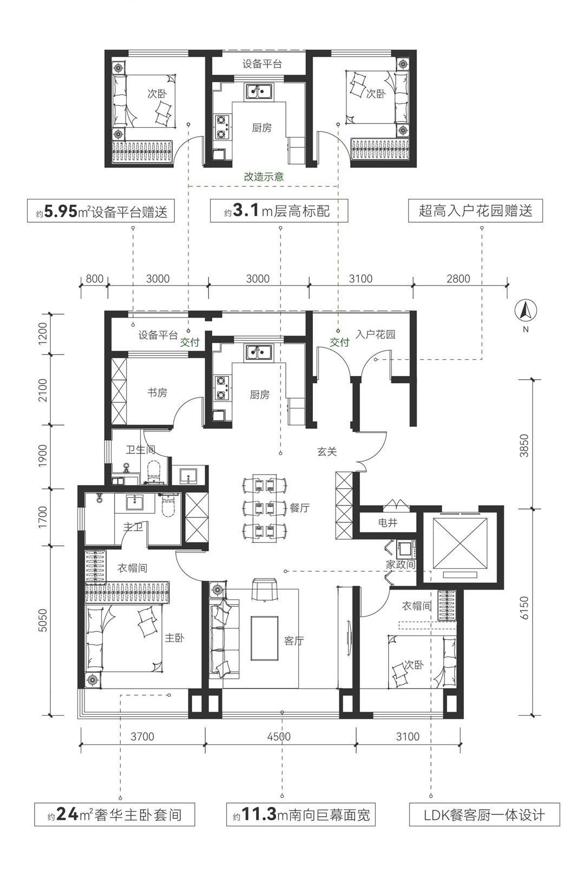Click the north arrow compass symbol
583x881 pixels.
click(x=526, y=310)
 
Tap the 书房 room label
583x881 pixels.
click(x=157, y=392)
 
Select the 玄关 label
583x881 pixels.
click(x=327, y=451)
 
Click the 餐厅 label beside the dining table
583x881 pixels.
click(x=300, y=508)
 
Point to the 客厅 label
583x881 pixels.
click(x=294, y=640)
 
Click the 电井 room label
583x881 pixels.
click(x=388, y=523)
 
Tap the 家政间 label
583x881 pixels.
click(x=401, y=565)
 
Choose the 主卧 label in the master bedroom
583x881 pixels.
click(x=174, y=638)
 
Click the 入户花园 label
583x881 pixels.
click(x=375, y=334)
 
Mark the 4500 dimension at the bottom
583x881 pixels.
click(x=279, y=736)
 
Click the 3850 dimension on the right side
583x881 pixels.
click(x=525, y=445)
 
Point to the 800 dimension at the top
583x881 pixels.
click(x=95, y=279)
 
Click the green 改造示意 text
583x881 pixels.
click(x=264, y=177)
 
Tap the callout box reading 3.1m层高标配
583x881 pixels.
click(x=279, y=211)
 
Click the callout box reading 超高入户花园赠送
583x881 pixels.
click(x=475, y=211)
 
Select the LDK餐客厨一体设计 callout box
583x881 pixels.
click(x=484, y=814)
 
